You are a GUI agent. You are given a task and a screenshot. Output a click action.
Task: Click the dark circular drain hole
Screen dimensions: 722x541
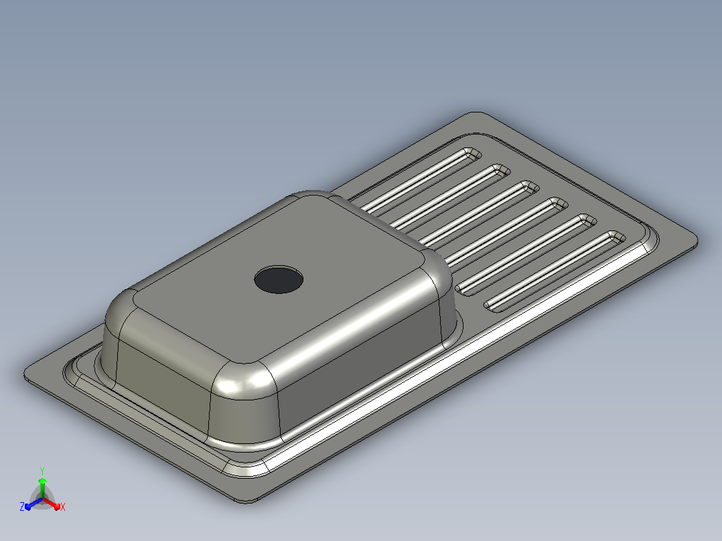pyautogui.click(x=279, y=279)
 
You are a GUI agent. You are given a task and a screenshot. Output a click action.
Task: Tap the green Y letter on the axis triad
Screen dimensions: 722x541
pyautogui.click(x=42, y=471)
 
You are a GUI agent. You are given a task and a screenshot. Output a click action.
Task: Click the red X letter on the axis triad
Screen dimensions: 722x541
pyautogui.click(x=63, y=507)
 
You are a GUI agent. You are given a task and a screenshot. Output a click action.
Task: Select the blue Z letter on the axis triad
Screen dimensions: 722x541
pyautogui.click(x=22, y=507)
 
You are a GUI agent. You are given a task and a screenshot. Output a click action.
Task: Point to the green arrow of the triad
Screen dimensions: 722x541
pyautogui.click(x=42, y=487)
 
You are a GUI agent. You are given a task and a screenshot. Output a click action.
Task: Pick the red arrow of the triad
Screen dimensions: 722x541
pyautogui.click(x=52, y=504)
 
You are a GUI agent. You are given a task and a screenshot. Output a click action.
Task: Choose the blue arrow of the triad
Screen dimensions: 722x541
pyautogui.click(x=33, y=504)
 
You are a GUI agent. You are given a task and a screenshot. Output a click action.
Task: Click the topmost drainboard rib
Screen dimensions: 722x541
pyautogui.click(x=419, y=180)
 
